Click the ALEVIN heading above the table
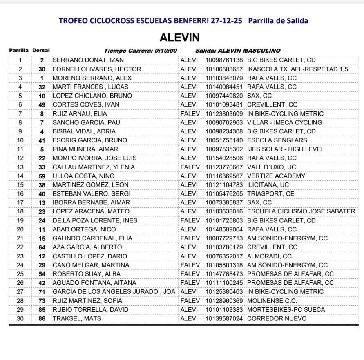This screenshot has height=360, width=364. [180, 38]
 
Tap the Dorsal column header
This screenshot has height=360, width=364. [41, 51]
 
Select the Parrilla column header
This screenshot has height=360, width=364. [19, 51]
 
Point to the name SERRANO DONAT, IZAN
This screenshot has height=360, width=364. [88, 60]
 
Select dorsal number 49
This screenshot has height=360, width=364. [42, 104]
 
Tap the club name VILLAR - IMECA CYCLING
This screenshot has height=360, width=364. [284, 122]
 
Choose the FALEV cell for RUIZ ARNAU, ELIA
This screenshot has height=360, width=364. [190, 113]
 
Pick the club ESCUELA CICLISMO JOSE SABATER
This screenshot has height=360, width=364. [301, 211]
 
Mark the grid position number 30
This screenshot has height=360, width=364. [20, 318]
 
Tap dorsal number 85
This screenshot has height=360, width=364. [42, 309]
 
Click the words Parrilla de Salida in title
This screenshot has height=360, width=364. [278, 20]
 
